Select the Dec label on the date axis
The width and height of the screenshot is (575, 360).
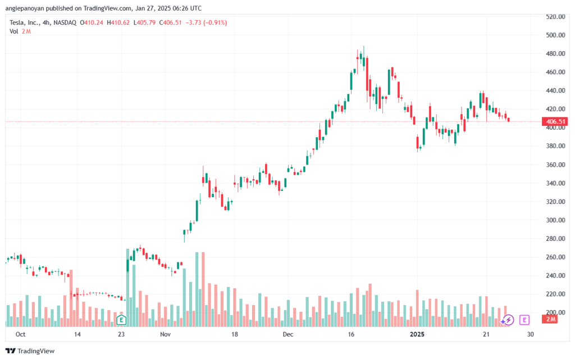tap(288, 334)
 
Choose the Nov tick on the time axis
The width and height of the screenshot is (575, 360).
tap(165, 334)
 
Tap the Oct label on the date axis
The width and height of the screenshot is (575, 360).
tap(21, 334)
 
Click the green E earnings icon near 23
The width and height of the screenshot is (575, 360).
tap(121, 320)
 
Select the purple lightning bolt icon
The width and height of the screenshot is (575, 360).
tap(508, 320)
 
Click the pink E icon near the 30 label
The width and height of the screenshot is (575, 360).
tap(524, 320)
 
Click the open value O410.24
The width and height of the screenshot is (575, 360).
tap(93, 22)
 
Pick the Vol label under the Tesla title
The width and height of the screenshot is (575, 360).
tap(14, 31)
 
